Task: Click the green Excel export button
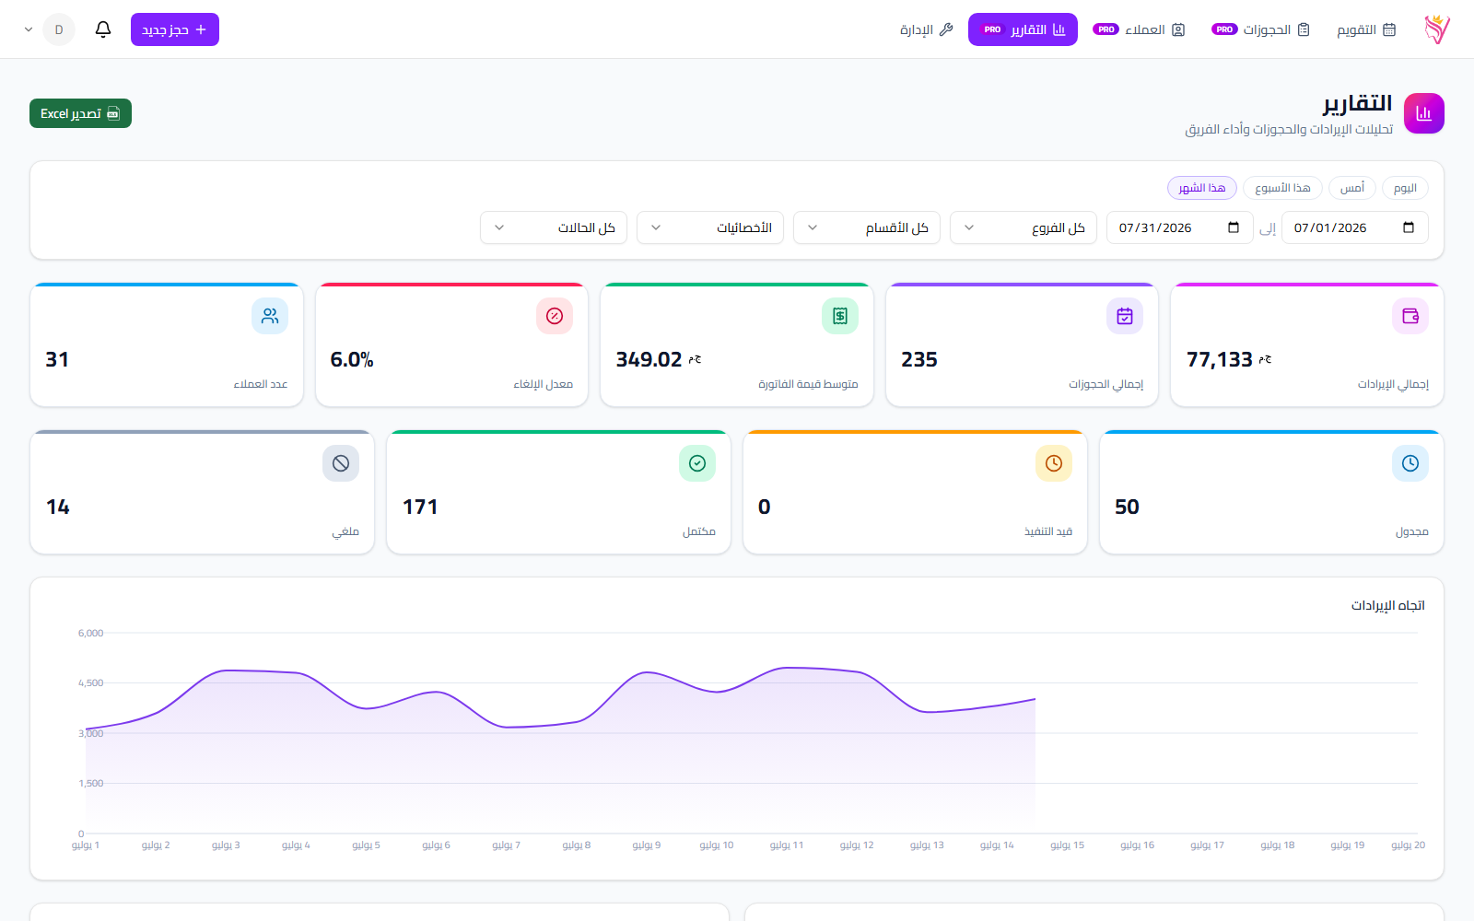pos(80,113)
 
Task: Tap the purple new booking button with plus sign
pos(174,29)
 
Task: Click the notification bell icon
pos(102,29)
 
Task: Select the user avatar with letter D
pos(59,29)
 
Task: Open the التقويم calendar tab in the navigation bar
pos(1366,29)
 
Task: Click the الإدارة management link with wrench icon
pos(926,29)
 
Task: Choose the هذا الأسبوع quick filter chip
pos(1282,188)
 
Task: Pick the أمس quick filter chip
pos(1352,188)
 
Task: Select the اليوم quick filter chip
pos(1405,188)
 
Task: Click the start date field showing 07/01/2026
pos(1355,227)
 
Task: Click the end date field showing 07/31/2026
pos(1180,227)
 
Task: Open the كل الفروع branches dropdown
pos(1024,227)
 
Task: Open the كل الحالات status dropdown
pos(554,227)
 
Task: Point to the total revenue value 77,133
pos(1220,360)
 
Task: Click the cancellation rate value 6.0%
pos(351,360)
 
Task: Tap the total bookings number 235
pos(919,360)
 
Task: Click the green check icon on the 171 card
pos(696,463)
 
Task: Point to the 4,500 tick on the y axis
pos(91,682)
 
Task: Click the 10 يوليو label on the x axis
pos(717,845)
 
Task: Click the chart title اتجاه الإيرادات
pos(1387,605)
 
